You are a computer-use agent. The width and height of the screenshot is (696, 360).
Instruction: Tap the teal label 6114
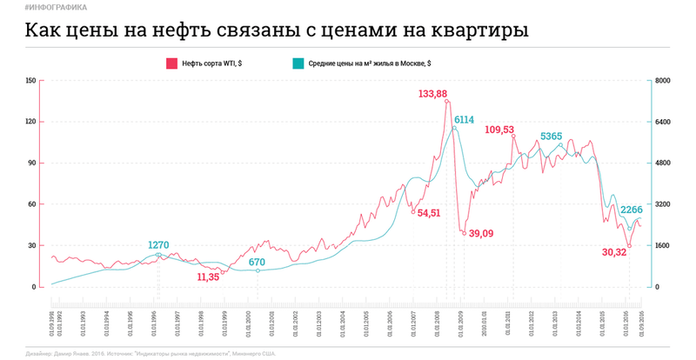tap(463, 120)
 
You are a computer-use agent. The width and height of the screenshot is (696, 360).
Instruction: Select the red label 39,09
tap(481, 233)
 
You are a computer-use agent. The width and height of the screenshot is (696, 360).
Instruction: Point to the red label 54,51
tap(429, 213)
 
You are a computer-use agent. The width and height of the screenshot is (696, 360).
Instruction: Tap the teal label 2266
tap(632, 210)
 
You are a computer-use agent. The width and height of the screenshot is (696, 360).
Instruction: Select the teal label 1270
tap(159, 245)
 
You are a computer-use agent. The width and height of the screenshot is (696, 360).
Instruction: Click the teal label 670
tap(257, 262)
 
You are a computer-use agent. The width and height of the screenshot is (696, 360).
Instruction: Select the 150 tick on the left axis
tap(31, 81)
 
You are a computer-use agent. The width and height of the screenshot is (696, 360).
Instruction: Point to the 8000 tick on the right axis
tap(661, 81)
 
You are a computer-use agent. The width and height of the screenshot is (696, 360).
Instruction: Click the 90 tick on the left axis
tap(32, 163)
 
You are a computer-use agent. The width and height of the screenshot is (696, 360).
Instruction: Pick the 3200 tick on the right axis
tap(661, 204)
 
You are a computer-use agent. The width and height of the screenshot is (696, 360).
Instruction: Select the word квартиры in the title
tap(481, 31)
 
